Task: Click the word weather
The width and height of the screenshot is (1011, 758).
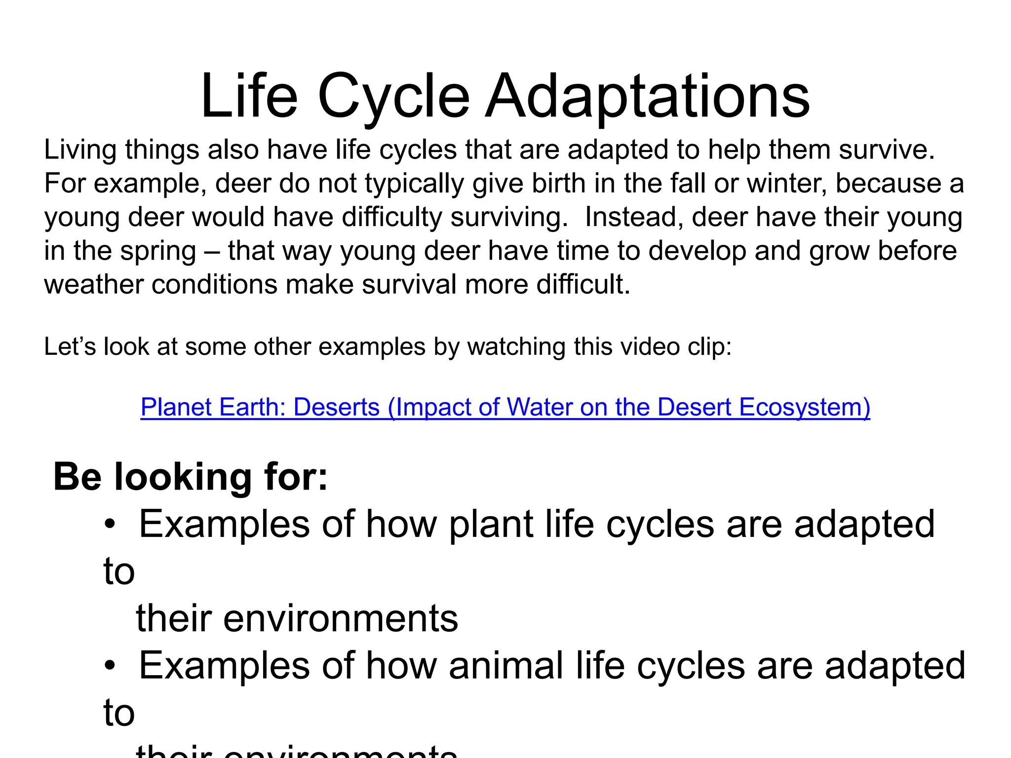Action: (93, 285)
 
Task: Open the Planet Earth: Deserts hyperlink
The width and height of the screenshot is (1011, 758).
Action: (505, 408)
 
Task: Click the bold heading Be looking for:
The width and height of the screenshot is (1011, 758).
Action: (191, 477)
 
